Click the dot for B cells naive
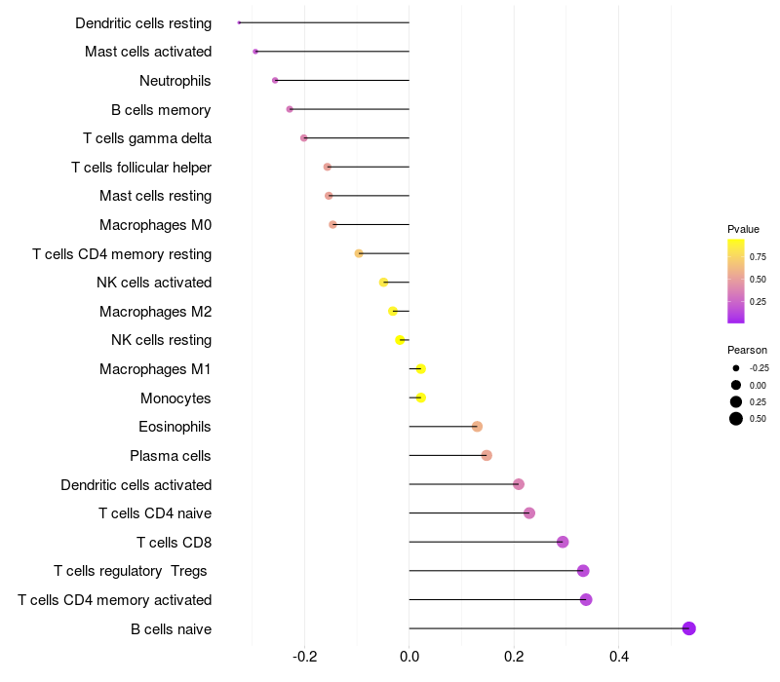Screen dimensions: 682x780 (688, 628)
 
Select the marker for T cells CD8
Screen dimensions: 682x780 (563, 542)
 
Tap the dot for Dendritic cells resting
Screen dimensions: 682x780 (239, 22)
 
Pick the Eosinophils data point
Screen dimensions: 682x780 (477, 427)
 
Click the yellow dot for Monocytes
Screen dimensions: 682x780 (420, 398)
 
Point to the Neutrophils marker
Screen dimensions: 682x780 (275, 80)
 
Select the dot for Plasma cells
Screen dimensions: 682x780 (487, 455)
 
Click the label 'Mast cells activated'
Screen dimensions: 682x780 (148, 52)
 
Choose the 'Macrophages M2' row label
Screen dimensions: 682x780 (155, 312)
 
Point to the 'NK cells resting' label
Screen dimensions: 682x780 (161, 340)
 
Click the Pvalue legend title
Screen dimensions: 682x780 (743, 229)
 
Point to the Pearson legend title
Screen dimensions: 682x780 (747, 350)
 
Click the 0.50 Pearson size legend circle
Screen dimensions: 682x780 (735, 419)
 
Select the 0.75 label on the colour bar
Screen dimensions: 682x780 (758, 257)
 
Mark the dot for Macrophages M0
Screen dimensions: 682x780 (332, 224)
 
